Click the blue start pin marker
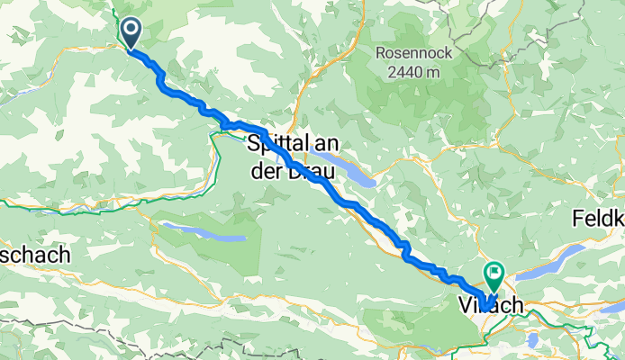tap(131, 32)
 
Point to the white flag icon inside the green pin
tap(494, 269)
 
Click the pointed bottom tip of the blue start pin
tap(131, 49)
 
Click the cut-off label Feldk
tap(598, 219)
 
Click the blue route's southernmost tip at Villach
tap(485, 309)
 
